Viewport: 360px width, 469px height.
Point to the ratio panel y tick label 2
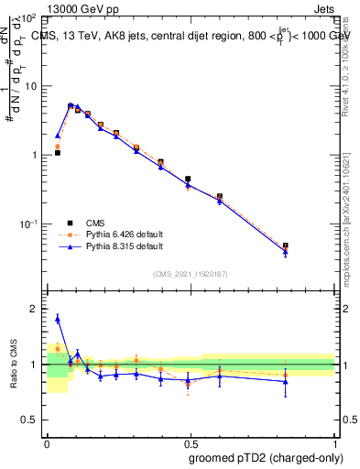[34, 309]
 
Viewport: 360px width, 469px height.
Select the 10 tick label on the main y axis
[31, 86]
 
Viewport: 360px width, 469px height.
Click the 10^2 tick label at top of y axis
[27, 17]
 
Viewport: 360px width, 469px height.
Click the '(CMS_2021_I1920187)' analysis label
[191, 274]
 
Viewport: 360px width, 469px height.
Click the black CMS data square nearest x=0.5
[188, 180]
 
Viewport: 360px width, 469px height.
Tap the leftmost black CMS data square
[57, 153]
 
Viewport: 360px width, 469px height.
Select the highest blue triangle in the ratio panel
[57, 319]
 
